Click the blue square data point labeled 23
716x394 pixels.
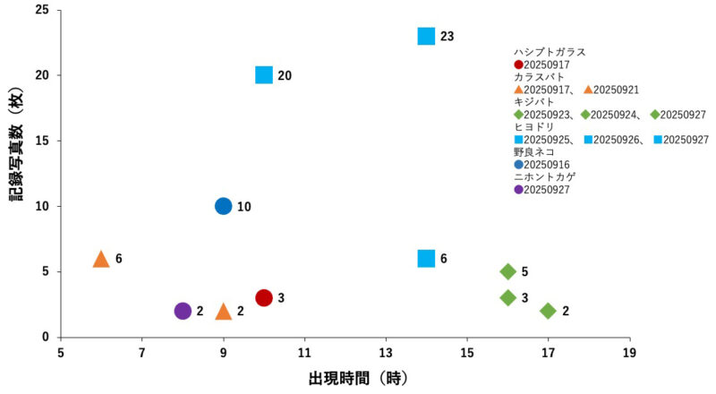coord(426,36)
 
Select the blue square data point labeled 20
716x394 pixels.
coord(263,75)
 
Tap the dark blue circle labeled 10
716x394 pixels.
coord(223,206)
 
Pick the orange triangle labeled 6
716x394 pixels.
coord(101,259)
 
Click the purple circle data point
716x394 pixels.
coord(183,311)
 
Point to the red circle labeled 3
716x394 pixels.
coord(263,297)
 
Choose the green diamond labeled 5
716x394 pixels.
coord(507,271)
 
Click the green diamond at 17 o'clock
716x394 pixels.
coord(548,311)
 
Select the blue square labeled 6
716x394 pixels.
coord(426,259)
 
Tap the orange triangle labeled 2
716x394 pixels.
coord(223,312)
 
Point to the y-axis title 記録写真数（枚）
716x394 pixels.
coord(17,173)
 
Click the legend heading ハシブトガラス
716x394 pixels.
coord(549,52)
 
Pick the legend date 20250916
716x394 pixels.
coord(548,165)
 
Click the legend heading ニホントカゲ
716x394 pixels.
coord(544,177)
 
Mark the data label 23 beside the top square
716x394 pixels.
coord(447,37)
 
